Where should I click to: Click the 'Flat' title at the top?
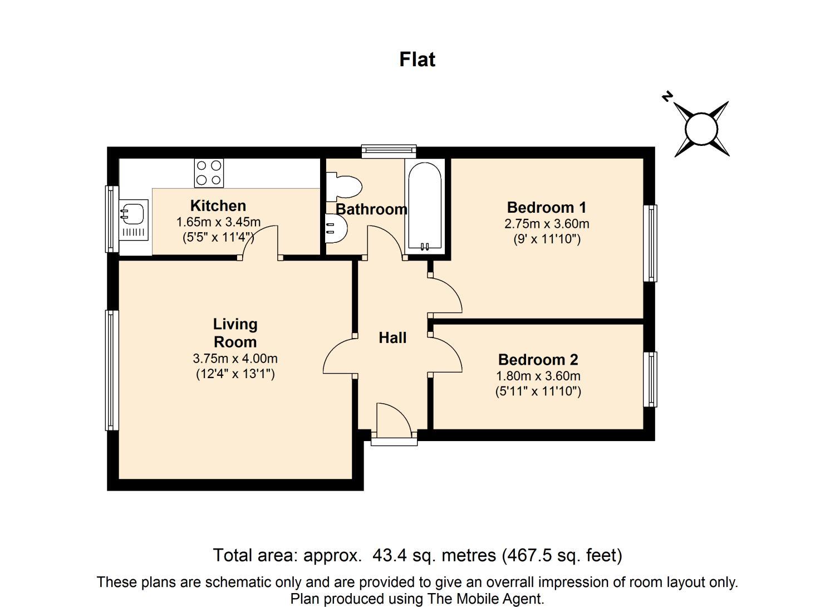417,60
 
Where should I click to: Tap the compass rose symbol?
701,129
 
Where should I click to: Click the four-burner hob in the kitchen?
209,173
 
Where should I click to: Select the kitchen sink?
134,220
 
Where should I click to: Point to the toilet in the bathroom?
343,187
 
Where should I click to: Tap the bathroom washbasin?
336,228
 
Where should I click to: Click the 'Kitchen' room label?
218,206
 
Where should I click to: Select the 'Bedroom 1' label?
547,207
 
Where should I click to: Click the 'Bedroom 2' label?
538,360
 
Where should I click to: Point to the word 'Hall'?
392,338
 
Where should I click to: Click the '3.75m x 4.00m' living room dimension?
235,359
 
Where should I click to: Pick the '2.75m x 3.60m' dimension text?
547,224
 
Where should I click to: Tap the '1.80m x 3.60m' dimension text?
538,376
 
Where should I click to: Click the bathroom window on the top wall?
389,151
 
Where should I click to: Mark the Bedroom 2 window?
650,379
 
